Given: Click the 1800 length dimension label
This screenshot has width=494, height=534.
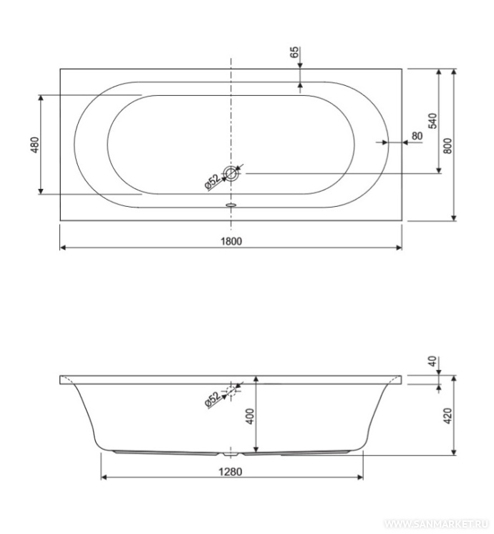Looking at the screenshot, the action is point(231,241).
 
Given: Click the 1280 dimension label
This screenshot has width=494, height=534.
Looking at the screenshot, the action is point(231,472).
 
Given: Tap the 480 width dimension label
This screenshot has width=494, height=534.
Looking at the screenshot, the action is point(35,145).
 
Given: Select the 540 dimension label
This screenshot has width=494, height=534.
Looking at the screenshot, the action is point(432,121).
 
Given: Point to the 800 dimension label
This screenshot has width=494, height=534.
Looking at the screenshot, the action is point(448,146).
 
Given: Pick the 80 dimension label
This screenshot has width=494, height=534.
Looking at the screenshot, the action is point(417,136).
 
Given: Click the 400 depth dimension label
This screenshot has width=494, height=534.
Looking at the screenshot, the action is point(250,416).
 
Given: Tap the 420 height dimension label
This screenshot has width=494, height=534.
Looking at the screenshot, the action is point(448,416).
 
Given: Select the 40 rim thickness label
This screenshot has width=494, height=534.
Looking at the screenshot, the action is point(432,361).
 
